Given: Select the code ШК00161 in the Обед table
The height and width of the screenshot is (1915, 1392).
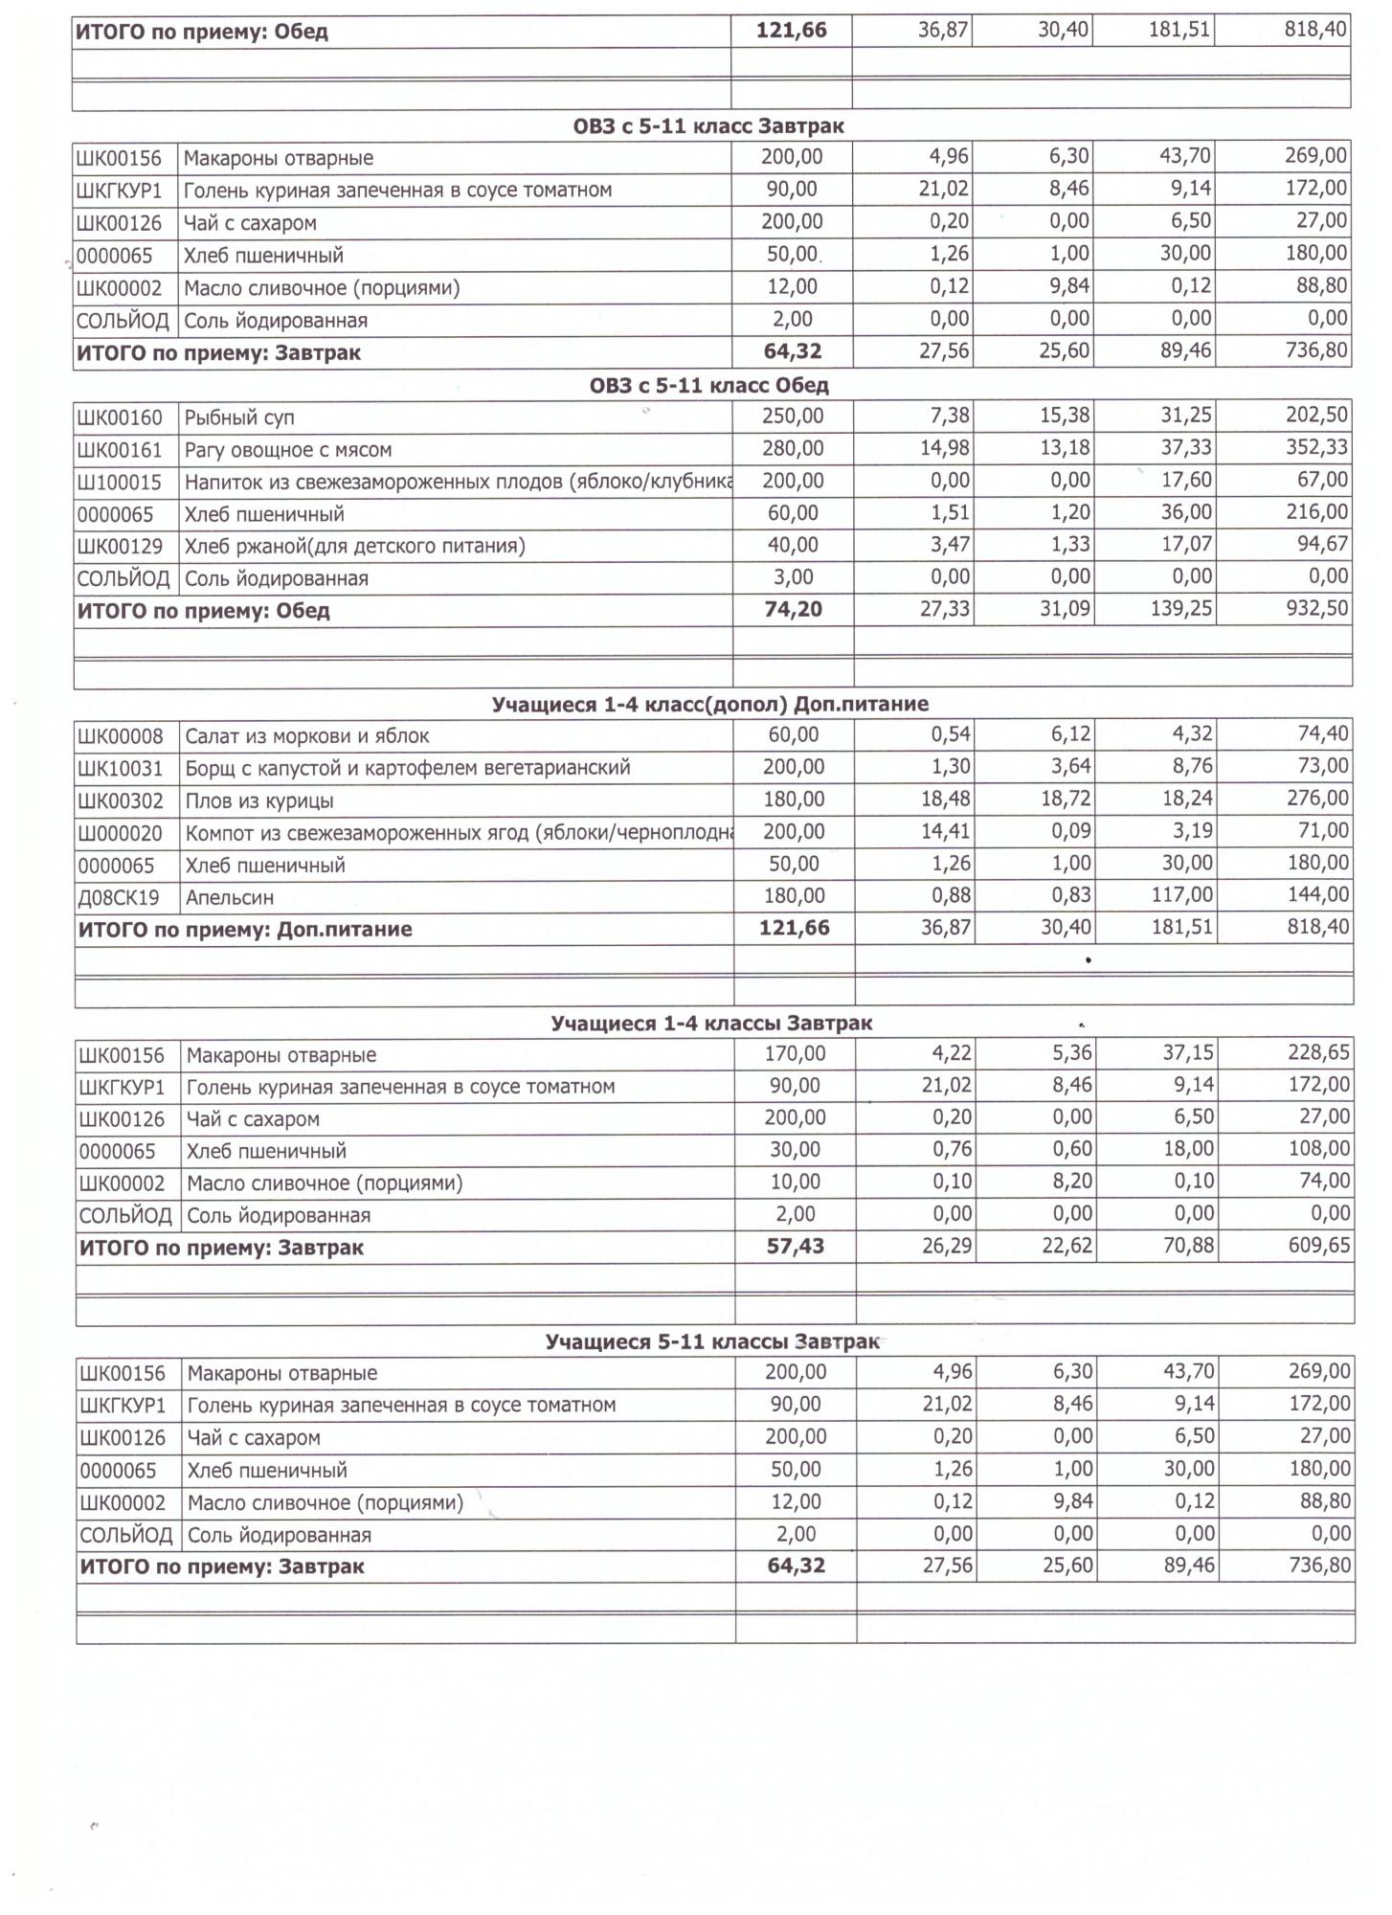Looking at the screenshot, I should pos(120,450).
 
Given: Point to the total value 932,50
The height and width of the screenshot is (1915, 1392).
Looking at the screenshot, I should pos(1317,609).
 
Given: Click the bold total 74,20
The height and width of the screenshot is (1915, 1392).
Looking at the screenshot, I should pos(793,610).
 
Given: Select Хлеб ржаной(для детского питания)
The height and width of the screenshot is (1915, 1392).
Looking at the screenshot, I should pos(354,547).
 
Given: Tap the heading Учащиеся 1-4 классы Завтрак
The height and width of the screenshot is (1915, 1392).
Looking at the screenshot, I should pos(711,1024).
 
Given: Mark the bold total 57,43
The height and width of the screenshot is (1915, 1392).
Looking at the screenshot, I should pos(795,1247).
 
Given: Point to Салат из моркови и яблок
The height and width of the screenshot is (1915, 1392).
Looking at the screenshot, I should pos(307,736).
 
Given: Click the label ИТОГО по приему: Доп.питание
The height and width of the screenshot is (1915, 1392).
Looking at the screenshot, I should pos(245,930).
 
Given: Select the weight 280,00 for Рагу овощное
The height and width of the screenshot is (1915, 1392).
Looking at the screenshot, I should pos(793,449).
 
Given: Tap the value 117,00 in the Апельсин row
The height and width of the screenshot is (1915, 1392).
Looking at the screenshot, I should pos(1187,895).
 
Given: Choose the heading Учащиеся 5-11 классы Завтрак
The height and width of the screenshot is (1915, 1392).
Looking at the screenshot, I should pos(711,1342).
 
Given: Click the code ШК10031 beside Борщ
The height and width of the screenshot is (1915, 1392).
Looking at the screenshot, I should pos(121,768).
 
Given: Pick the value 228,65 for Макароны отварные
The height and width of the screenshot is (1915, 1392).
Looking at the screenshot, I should pos(1318,1053).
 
